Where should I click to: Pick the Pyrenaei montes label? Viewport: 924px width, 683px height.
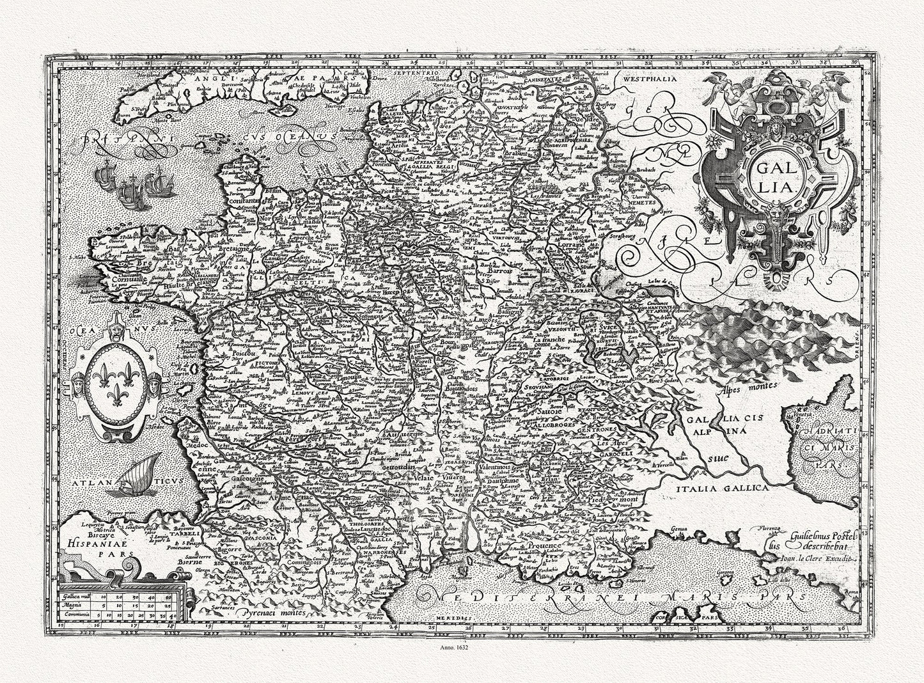[x=269, y=612]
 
